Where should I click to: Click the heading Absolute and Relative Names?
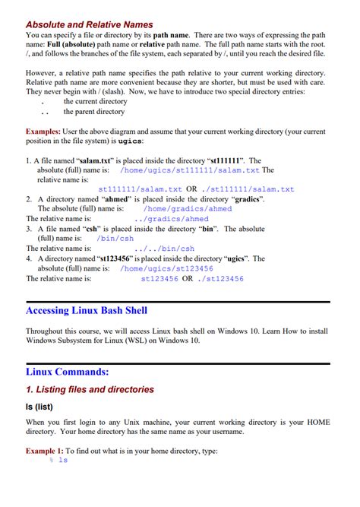89,24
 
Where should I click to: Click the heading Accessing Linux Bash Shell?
87,310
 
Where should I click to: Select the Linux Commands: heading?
68,372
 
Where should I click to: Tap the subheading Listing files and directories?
90,389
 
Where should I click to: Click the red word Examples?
45,132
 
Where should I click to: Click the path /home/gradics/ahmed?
188,208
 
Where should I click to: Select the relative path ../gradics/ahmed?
176,219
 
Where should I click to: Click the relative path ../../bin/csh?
165,248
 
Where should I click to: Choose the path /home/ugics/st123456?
167,268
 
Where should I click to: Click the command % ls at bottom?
58,461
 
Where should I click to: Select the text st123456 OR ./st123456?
192,279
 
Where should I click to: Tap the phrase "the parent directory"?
96,112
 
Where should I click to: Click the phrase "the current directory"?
96,101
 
